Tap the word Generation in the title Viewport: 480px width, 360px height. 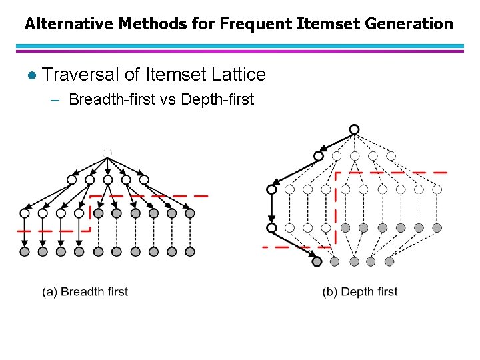411,24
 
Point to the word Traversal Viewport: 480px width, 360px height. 81,75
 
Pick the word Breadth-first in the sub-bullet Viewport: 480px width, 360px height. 110,100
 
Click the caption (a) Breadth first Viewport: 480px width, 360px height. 85,291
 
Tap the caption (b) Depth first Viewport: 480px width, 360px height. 360,291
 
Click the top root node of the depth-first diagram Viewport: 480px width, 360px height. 354,129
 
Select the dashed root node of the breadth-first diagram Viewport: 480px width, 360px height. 107,153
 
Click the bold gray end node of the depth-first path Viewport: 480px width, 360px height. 317,261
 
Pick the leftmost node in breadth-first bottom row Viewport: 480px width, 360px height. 25,251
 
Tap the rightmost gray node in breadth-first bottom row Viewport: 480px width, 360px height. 190,251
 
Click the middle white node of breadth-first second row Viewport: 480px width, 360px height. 107,179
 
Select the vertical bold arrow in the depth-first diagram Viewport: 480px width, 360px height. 271,209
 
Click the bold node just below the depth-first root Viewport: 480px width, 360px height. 319,156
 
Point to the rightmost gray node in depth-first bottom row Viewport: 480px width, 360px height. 389,261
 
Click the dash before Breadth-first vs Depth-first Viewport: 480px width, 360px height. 55,101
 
